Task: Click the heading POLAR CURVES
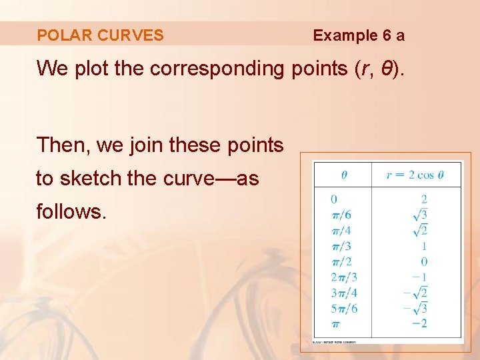pos(100,35)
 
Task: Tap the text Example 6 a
pos(359,35)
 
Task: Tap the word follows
pos(71,212)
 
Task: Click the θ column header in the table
pos(344,175)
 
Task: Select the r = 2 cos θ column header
pos(415,175)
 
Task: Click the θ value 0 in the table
pos(334,199)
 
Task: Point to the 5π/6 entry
pos(345,308)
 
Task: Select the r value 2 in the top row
pos(424,199)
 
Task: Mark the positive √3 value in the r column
pos(420,214)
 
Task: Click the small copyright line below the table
pos(334,342)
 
